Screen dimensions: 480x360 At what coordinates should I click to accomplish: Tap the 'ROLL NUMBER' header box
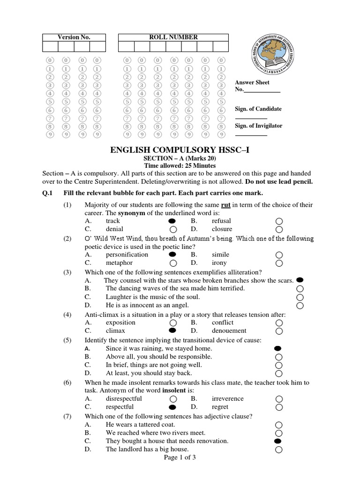tap(173, 37)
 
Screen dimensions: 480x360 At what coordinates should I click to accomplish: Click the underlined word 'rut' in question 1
tap(226, 205)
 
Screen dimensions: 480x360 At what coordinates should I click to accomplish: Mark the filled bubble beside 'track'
tap(173, 221)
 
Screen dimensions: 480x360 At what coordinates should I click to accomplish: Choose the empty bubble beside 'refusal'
tap(279, 221)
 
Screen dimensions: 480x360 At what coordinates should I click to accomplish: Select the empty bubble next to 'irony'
tap(279, 263)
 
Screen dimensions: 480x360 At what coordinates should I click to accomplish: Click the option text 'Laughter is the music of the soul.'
tap(153, 297)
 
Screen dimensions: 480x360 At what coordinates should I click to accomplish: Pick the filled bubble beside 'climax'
tap(173, 330)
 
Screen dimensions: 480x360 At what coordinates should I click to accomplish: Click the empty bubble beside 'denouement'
tap(279, 331)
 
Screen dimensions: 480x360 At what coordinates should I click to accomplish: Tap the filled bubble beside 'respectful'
tap(173, 407)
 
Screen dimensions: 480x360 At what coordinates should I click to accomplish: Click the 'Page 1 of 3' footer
tap(180, 457)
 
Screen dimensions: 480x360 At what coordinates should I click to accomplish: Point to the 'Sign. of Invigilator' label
tap(258, 126)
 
